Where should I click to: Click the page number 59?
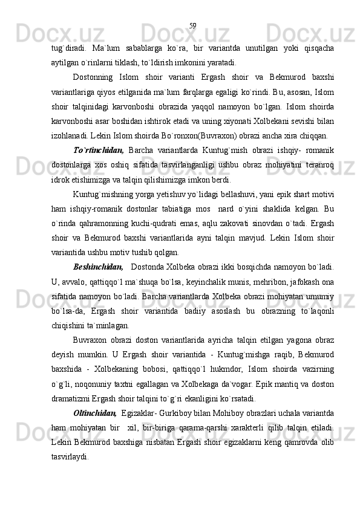click(192, 25)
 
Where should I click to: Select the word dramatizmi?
click(72, 398)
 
